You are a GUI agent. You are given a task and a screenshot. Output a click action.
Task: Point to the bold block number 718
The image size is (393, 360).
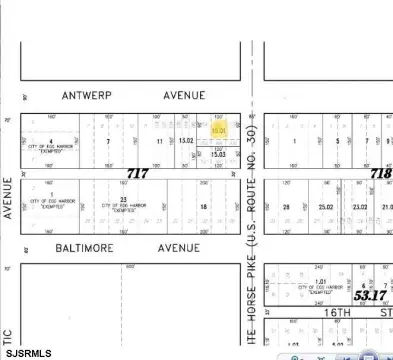380,173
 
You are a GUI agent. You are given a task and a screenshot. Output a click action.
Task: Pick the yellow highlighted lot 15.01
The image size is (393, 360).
218,130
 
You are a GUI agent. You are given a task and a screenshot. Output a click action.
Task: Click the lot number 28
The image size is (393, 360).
286,207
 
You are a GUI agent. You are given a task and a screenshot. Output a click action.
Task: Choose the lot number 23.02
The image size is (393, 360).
359,207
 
